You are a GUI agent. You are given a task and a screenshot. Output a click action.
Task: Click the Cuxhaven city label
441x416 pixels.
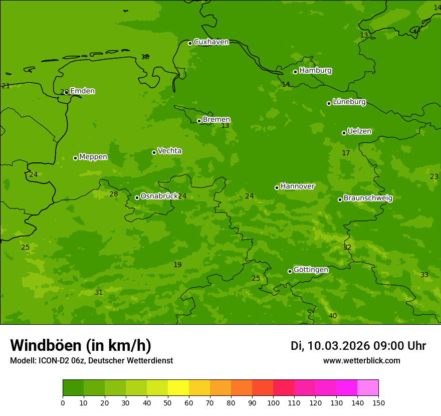tap(211, 42)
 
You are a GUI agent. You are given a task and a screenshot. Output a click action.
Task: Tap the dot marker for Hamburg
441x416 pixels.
tap(296, 72)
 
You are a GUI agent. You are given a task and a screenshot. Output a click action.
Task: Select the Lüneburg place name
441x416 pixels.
tap(349, 102)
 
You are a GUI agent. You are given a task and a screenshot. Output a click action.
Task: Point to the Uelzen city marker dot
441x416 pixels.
tap(344, 133)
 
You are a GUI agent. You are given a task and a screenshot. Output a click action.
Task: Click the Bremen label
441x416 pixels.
tap(216, 119)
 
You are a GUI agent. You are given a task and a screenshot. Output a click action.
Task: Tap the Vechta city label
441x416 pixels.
tap(169, 151)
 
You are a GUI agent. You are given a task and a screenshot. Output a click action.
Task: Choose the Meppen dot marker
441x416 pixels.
tap(75, 158)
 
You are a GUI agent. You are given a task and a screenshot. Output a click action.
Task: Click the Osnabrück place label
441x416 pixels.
tap(159, 196)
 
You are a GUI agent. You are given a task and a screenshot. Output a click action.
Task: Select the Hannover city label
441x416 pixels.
tap(297, 186)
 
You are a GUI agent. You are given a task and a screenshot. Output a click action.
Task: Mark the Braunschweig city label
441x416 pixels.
tap(368, 198)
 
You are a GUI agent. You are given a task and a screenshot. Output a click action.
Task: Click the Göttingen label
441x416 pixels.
tap(311, 270)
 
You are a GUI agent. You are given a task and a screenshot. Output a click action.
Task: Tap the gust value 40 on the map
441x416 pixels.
tap(333, 316)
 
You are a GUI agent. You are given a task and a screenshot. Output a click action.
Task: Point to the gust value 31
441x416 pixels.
tap(99, 292)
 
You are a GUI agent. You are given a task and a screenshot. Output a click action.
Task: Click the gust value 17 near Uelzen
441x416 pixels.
tap(346, 153)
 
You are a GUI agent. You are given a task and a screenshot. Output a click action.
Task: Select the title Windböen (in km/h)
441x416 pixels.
tap(81, 345)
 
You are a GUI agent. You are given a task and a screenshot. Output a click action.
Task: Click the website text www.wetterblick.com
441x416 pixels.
tap(361, 361)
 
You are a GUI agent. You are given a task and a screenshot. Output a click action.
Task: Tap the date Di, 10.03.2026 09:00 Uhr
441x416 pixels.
tap(358, 346)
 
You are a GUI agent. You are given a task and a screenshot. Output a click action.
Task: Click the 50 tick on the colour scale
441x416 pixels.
tap(168, 402)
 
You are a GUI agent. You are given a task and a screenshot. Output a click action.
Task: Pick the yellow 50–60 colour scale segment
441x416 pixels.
tap(178, 388)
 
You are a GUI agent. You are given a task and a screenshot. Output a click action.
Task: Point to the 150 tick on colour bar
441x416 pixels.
tap(378, 402)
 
